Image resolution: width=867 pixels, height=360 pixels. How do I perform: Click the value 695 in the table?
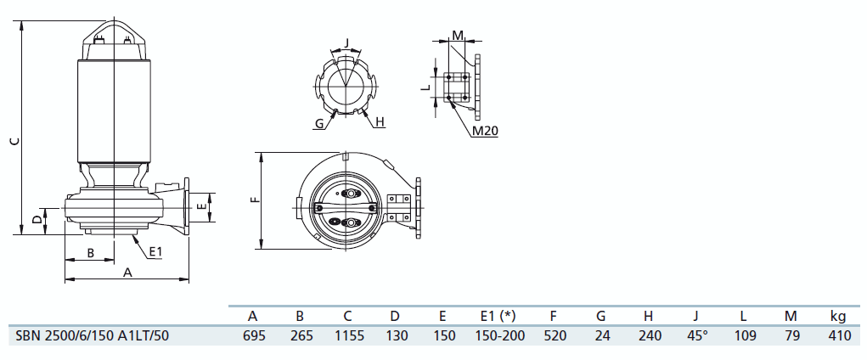tap(252, 335)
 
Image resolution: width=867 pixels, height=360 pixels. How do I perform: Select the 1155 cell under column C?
tap(348, 335)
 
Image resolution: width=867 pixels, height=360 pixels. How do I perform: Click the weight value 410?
tap(838, 335)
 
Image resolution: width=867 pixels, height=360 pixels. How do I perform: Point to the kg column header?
tap(838, 316)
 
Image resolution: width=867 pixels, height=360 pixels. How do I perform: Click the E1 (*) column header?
tap(498, 316)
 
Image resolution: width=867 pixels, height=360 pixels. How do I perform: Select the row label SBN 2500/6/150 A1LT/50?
tap(93, 335)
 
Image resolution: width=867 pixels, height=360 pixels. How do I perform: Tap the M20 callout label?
tap(484, 131)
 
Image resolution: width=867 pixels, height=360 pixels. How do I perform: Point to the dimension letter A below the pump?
tap(128, 273)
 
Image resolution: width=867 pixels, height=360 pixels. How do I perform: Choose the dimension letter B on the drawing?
tap(91, 252)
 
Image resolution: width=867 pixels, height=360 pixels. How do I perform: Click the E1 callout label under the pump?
tap(155, 251)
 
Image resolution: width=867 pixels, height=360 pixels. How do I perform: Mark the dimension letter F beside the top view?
tap(254, 200)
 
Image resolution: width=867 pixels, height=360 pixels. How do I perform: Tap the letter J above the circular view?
tap(346, 42)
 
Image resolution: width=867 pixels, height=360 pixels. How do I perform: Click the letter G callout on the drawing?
tap(319, 124)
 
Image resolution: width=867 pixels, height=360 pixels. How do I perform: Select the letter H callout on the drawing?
tap(380, 123)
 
